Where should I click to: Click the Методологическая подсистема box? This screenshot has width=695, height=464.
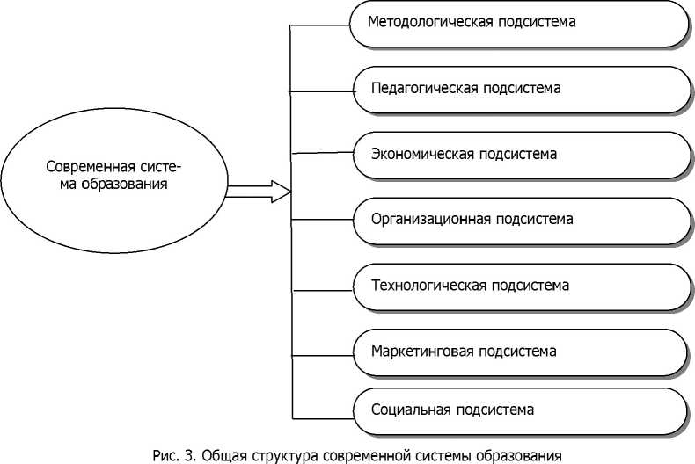[x=519, y=24]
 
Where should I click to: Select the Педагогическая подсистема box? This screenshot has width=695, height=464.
[x=519, y=89]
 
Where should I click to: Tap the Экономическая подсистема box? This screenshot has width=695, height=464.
[x=519, y=155]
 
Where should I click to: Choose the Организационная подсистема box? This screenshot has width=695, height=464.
[x=519, y=220]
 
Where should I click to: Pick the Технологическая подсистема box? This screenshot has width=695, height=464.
[x=519, y=286]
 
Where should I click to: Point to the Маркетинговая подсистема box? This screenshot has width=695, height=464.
[x=519, y=352]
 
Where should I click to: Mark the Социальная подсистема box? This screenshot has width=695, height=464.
[x=519, y=410]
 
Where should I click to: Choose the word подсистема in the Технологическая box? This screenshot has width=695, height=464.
[x=530, y=286]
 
